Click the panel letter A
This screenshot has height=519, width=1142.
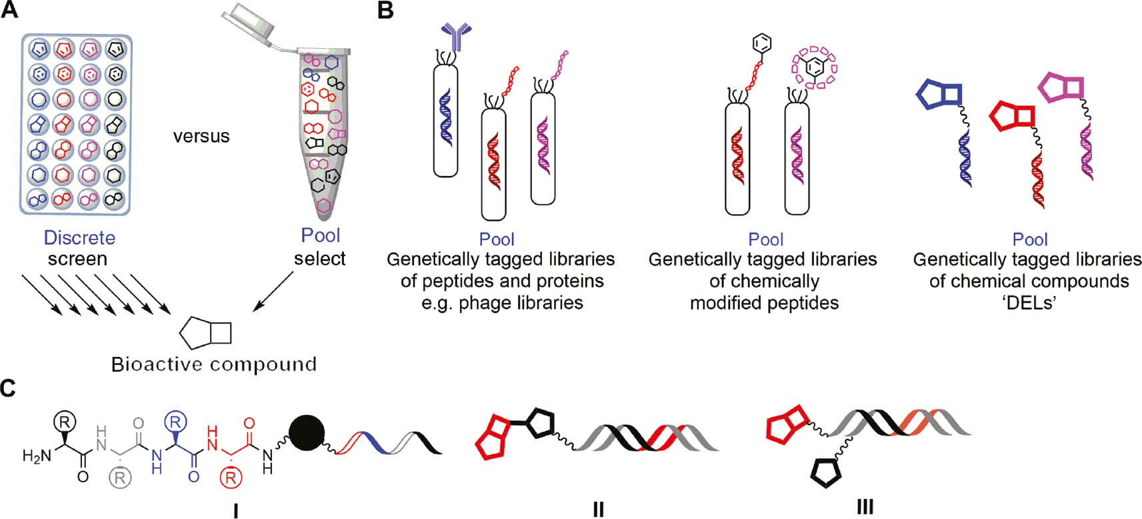tap(9, 9)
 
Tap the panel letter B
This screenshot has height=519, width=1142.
tap(385, 9)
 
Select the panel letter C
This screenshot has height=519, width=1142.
tap(9, 388)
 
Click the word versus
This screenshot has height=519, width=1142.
tap(201, 136)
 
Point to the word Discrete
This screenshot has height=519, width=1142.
tap(79, 237)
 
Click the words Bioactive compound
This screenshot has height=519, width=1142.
tap(214, 364)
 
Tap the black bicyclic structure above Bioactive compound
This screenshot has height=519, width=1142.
tap(205, 334)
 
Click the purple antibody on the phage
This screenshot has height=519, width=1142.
tap(456, 36)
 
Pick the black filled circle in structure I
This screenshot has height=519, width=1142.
tap(307, 433)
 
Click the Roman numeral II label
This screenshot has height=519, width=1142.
tap(598, 509)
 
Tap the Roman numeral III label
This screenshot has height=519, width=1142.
tap(865, 507)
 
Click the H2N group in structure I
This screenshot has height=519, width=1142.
tap(37, 456)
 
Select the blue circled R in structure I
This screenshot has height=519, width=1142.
tap(175, 422)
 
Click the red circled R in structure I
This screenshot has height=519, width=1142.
tap(231, 478)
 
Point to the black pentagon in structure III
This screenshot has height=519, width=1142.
tap(826, 472)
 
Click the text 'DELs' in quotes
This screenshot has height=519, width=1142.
tap(1029, 303)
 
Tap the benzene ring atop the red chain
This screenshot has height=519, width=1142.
tap(762, 44)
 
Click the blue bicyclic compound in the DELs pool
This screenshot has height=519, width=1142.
tap(939, 95)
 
